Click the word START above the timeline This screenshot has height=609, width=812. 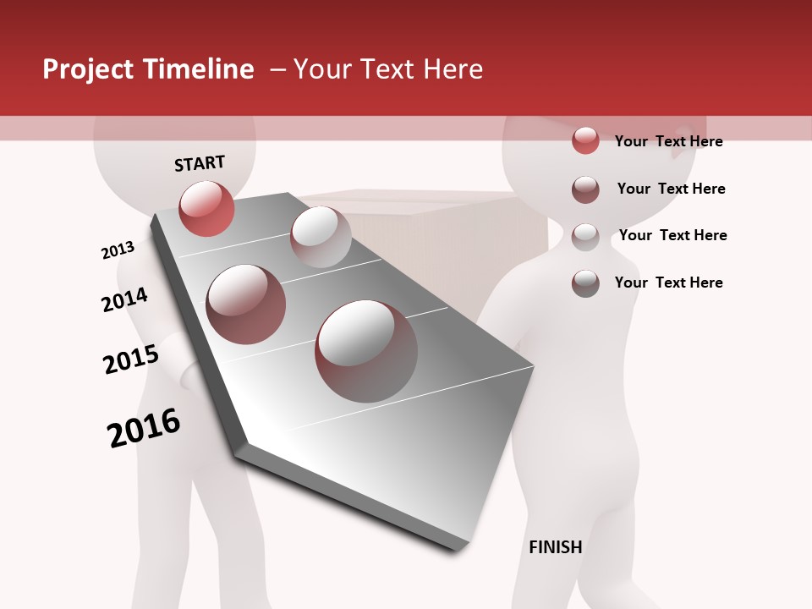[x=200, y=163]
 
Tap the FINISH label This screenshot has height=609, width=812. [x=556, y=547]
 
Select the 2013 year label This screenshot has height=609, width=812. [x=118, y=250]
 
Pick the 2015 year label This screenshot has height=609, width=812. [x=131, y=359]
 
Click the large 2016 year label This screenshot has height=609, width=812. [x=144, y=428]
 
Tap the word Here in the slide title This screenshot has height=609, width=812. [x=453, y=69]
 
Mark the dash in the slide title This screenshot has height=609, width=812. [x=277, y=69]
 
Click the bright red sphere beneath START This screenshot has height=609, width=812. [x=206, y=209]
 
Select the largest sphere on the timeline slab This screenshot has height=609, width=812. [x=366, y=351]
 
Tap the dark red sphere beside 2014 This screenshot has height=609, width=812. [x=246, y=304]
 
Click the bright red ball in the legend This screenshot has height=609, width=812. [x=585, y=140]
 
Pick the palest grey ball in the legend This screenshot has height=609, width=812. [x=585, y=236]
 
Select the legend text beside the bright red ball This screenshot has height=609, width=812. [x=668, y=141]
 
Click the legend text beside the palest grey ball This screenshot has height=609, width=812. [x=672, y=235]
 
